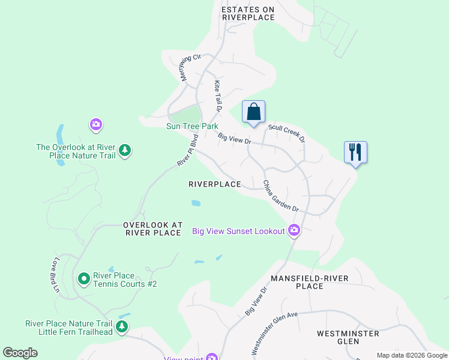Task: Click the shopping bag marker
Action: coord(254,112)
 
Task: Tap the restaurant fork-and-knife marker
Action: coord(355,152)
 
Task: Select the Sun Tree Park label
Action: coord(192,127)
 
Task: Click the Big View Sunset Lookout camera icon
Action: coord(294,230)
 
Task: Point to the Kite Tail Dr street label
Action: coord(218,96)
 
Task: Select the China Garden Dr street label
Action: coord(280,196)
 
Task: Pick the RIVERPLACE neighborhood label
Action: coord(214,184)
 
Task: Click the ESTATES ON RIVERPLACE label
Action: coord(248,13)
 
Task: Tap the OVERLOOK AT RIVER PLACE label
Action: coord(152,229)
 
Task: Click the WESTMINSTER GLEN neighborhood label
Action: coord(348,337)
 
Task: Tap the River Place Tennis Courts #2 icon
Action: coord(84,278)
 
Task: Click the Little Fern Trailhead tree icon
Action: coord(122,326)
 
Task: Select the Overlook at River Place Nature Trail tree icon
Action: coord(125,150)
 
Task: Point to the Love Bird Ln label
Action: coord(56,275)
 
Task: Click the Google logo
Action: coord(20,353)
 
